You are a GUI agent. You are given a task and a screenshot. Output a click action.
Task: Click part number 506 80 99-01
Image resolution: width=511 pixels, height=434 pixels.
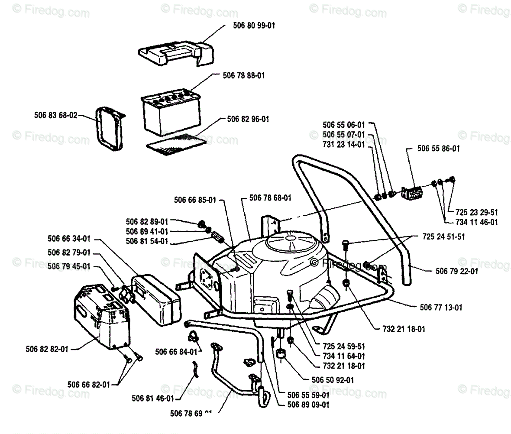[x=249, y=26]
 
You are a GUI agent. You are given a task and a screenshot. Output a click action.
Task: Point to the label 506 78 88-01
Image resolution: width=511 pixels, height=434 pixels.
[x=244, y=75]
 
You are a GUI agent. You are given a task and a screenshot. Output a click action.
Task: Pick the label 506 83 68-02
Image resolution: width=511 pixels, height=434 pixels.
[x=55, y=116]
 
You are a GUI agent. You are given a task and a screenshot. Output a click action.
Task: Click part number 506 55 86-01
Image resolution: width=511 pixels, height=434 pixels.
[x=438, y=148]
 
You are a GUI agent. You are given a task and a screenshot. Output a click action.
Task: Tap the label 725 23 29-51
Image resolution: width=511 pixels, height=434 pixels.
[x=477, y=212]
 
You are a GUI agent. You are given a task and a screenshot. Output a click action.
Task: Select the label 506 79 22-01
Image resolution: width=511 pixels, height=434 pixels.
[x=456, y=271]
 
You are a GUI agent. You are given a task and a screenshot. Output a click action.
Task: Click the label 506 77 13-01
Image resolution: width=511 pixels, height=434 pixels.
[x=441, y=308]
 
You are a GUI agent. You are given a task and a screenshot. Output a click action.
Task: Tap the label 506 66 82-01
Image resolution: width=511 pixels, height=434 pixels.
[x=89, y=384]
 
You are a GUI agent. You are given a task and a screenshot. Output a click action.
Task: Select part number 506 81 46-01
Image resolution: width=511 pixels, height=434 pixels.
[x=152, y=398]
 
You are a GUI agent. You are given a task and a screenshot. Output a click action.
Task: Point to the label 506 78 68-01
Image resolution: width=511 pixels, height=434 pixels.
[x=270, y=198]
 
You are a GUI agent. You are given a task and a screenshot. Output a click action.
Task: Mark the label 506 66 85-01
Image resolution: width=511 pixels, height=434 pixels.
[x=195, y=200]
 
